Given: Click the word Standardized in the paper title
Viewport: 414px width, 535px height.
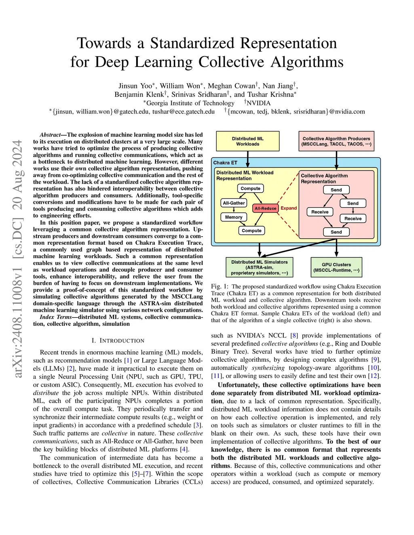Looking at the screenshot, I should [243, 43].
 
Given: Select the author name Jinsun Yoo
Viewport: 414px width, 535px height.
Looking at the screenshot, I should [135, 86].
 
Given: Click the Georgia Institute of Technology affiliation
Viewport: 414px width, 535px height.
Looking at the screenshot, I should [190, 103].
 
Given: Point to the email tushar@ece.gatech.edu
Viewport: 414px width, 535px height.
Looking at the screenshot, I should [183, 111].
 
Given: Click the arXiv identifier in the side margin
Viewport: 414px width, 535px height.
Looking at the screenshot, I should [17, 258].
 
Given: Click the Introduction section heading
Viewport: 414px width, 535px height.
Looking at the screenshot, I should [118, 340].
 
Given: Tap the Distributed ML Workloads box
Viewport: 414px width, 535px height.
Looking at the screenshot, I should [248, 141].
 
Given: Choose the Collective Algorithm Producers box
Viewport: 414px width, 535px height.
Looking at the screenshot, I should [336, 141].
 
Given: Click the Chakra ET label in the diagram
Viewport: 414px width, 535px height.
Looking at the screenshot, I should [225, 163].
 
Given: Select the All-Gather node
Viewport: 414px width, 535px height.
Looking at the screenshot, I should [234, 203].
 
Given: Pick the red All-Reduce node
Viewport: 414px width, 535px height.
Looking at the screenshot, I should [265, 208].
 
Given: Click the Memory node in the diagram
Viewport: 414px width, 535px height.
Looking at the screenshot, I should [234, 217].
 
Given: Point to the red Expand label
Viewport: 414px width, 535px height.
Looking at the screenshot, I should [289, 208].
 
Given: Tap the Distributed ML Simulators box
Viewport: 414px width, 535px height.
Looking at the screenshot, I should [259, 267].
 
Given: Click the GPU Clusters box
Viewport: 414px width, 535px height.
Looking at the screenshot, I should [336, 267].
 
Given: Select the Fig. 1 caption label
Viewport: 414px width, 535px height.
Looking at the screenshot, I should [220, 287].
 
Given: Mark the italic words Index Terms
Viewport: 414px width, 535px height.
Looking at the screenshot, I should [56, 317].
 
